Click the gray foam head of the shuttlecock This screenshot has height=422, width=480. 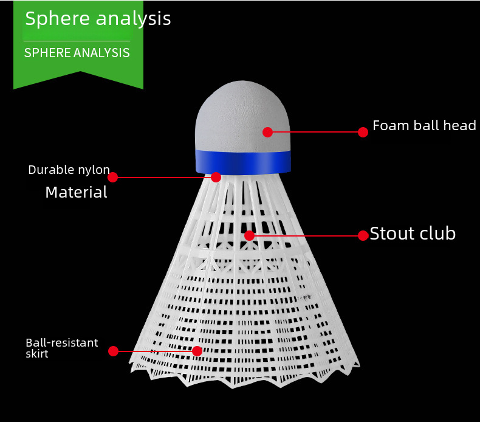pyautogui.click(x=237, y=109)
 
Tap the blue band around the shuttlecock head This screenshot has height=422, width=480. pyautogui.click(x=243, y=162)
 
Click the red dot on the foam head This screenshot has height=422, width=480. pyautogui.click(x=268, y=132)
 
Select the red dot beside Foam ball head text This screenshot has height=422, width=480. pyautogui.click(x=363, y=132)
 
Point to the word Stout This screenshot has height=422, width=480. pyautogui.click(x=392, y=233)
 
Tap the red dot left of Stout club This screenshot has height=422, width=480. pyautogui.click(x=363, y=235)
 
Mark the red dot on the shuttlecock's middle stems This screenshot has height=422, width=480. pyautogui.click(x=249, y=235)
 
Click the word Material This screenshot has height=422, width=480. pyautogui.click(x=76, y=193)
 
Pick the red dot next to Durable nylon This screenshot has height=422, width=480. pyautogui.click(x=112, y=178)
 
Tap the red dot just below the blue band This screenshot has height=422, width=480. pyautogui.click(x=216, y=178)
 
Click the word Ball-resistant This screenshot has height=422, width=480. pyautogui.click(x=61, y=343)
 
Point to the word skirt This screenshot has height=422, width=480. pyautogui.click(x=36, y=353)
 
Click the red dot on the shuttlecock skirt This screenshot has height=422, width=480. pyautogui.click(x=197, y=351)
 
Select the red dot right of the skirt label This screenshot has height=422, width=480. pyautogui.click(x=113, y=351)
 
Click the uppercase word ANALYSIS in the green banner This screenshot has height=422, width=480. pyautogui.click(x=102, y=53)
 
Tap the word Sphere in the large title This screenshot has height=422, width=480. pyautogui.click(x=57, y=19)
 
